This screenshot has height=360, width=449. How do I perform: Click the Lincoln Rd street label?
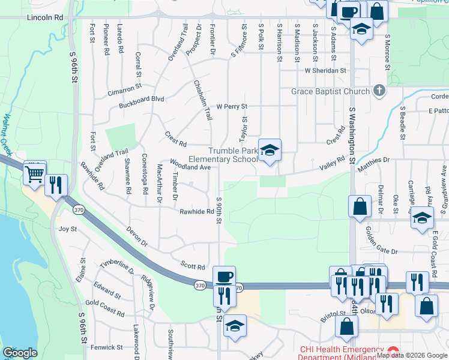pos(45,18)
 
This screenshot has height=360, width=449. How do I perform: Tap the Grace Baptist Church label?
pos(330,92)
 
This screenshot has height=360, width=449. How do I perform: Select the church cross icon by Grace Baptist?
pos(379,91)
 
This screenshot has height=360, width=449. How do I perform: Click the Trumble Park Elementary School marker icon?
pos(270,151)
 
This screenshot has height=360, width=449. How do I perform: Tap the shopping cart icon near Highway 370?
pos(35,174)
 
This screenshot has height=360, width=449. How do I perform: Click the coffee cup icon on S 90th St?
pos(224,277)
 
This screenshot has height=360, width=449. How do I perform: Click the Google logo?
pos(20,353)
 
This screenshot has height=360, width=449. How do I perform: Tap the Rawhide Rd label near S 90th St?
pos(197,212)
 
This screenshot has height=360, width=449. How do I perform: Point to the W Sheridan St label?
pos(326,70)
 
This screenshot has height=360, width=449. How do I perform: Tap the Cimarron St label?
pos(124,86)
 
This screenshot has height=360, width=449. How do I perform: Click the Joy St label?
pos(68,229)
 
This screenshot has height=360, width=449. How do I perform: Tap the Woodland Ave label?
pos(190,165)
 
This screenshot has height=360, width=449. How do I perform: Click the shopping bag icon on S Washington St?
pos(360,206)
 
